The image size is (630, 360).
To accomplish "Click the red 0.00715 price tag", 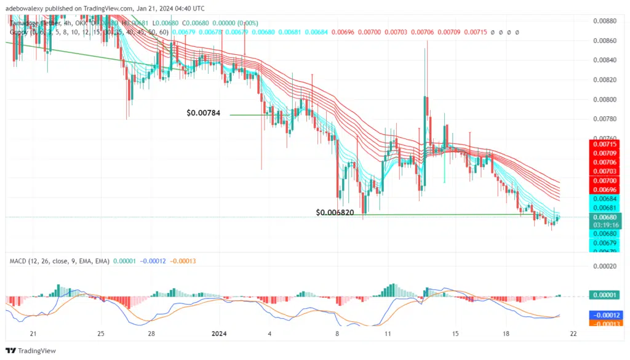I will coord(606,143).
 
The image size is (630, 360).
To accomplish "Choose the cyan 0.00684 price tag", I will coord(606,199).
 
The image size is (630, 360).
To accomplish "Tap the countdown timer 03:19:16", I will coord(606,225).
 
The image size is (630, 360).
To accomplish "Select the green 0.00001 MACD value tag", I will coord(606,295).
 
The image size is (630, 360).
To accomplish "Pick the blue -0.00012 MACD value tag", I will coord(606,314).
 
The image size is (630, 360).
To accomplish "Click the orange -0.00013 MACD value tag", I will coord(606,322).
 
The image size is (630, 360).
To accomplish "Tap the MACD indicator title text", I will coord(58,261).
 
